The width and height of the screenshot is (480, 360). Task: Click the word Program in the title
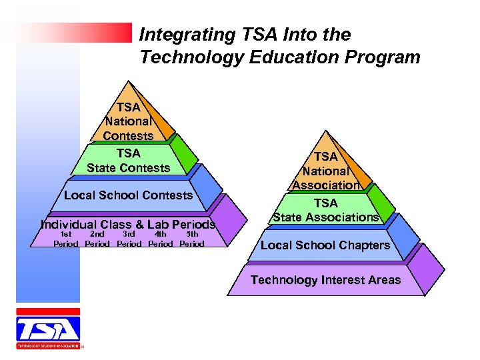[x=388, y=57]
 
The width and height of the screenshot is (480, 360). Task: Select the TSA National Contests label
[x=128, y=121]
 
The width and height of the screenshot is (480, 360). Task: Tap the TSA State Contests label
[x=128, y=161]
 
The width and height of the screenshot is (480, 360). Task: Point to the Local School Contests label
[x=128, y=195]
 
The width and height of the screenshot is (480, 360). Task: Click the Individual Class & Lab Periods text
[x=128, y=225]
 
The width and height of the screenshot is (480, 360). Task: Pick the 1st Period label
[x=65, y=239]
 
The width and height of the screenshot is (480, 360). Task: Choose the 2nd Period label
[x=97, y=239]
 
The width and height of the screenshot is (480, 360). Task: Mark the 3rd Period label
[x=129, y=239]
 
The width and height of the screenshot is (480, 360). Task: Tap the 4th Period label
[x=160, y=239]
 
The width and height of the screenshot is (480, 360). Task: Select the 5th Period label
[x=192, y=239]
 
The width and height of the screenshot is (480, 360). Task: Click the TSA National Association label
[x=326, y=171]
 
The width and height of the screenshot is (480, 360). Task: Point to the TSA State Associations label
[x=326, y=210]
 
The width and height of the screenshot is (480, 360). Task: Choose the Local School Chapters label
[x=325, y=245]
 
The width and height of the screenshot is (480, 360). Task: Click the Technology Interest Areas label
[x=325, y=280]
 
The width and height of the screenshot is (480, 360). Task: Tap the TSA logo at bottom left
[x=48, y=329]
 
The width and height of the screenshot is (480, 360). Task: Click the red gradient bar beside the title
[x=73, y=32]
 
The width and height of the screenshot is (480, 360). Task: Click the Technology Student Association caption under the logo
[x=48, y=347]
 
